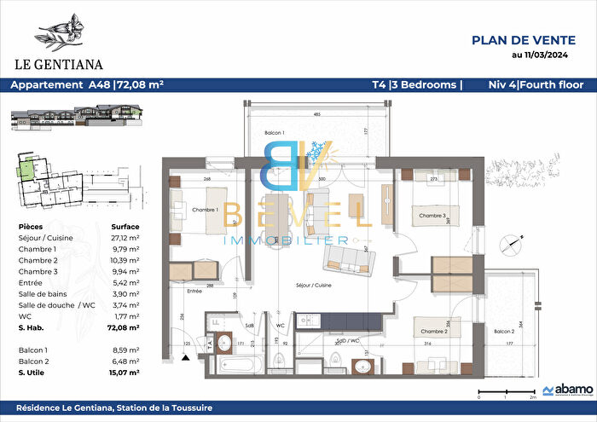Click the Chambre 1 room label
pos(206,211)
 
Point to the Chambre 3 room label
pos(432,217)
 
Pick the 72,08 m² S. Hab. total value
pos(125,327)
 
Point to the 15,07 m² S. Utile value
pos(125,372)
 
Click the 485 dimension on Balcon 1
pos(316,114)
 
